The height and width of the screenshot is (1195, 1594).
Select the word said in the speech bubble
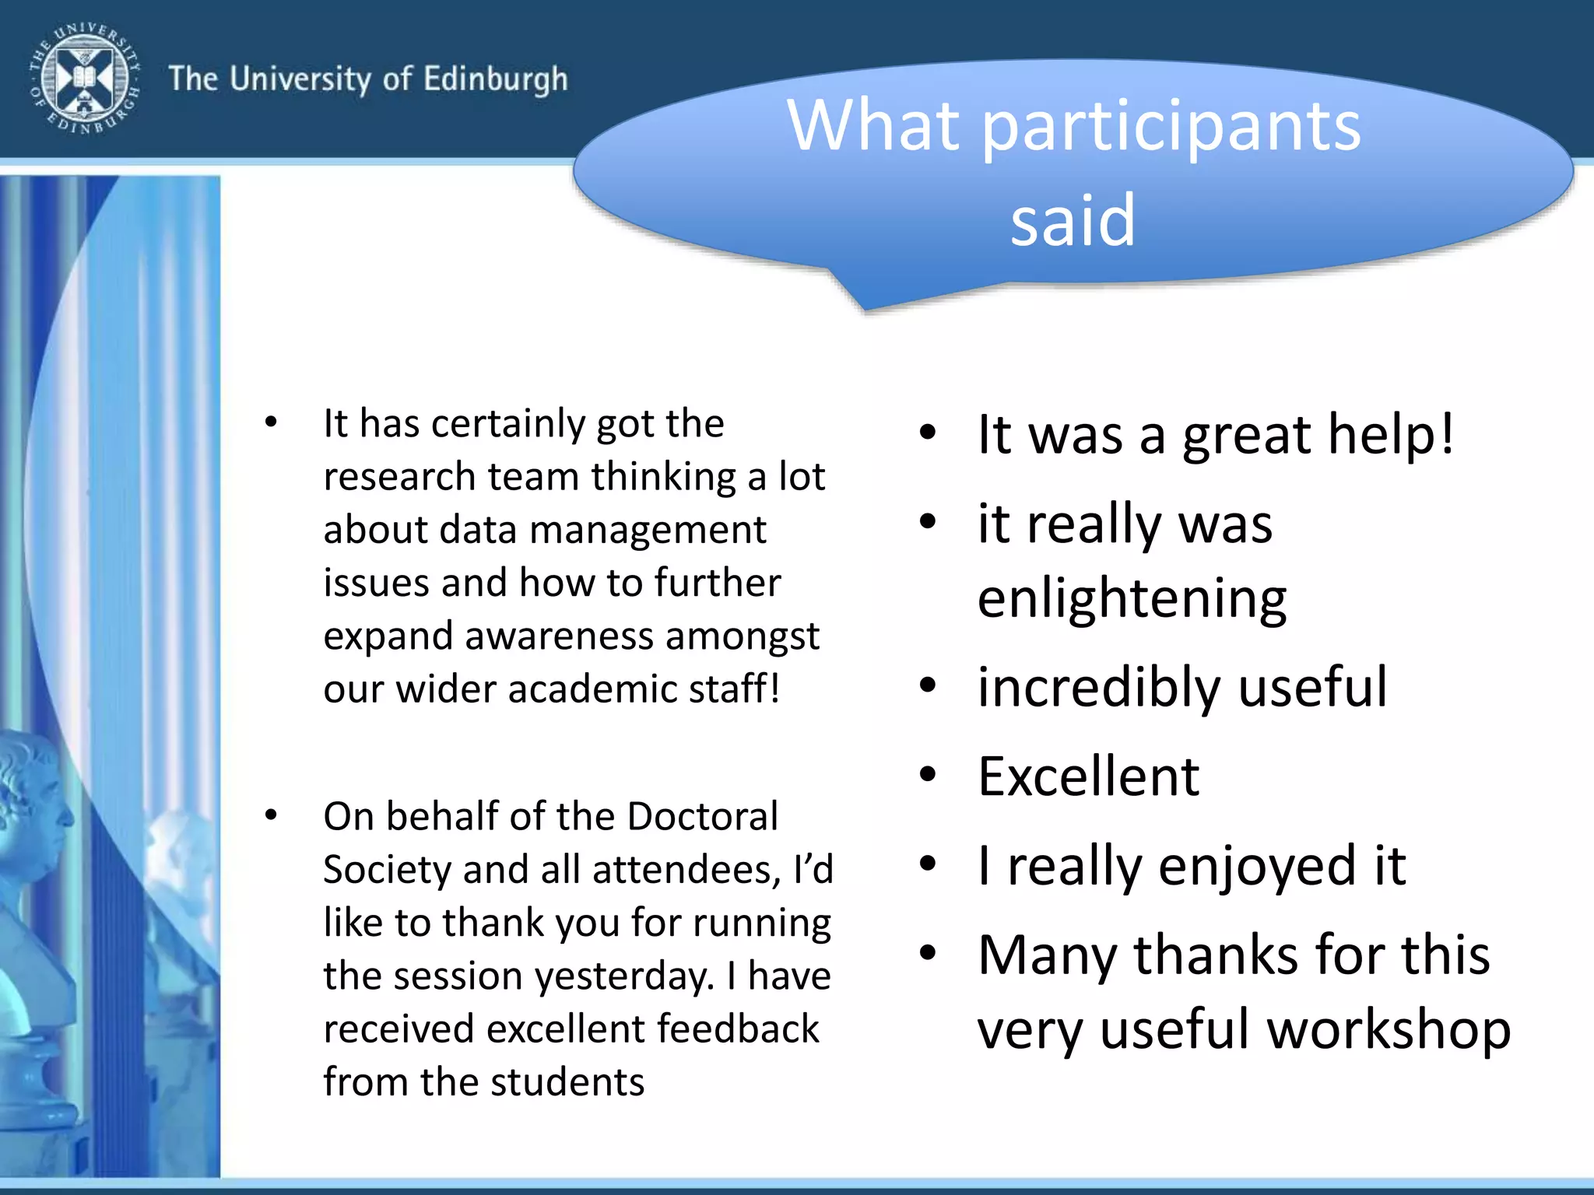(1073, 221)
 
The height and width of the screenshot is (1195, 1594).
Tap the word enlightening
(1132, 599)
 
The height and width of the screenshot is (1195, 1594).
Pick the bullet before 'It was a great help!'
(927, 433)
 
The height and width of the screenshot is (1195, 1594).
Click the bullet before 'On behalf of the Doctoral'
(271, 815)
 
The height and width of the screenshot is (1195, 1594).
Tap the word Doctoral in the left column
(702, 817)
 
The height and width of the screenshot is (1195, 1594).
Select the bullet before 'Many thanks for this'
(927, 954)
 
